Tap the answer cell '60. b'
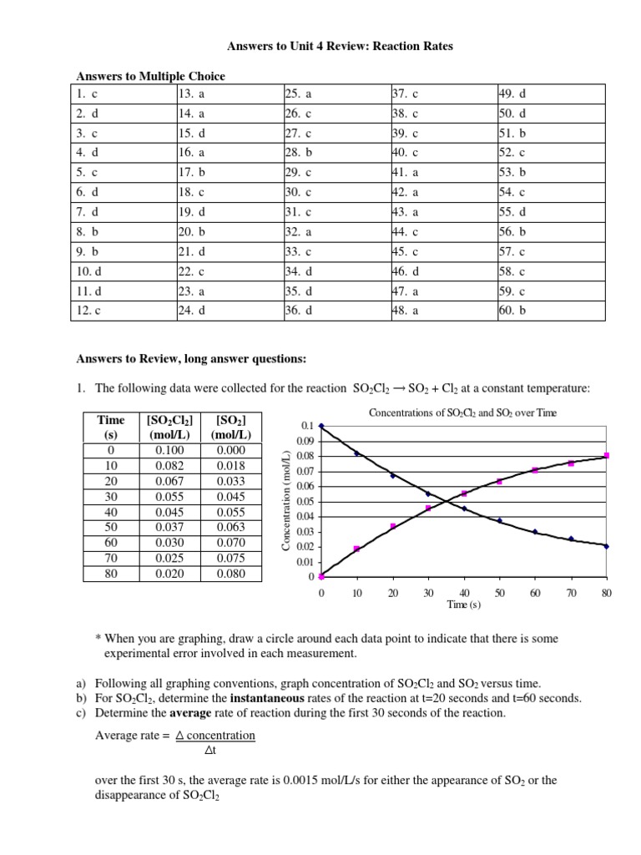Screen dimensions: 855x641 tap(512, 311)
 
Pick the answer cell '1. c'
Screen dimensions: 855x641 tap(88, 93)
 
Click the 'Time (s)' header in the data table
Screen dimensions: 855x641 tap(111, 427)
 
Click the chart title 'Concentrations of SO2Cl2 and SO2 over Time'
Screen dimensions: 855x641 tap(462, 413)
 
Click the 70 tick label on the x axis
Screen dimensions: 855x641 tap(571, 593)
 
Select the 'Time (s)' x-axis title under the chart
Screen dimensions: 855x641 tap(464, 605)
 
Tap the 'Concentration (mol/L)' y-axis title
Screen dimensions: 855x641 tap(286, 499)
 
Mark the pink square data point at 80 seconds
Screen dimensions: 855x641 tap(607, 455)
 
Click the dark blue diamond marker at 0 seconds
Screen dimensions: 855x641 tap(321, 426)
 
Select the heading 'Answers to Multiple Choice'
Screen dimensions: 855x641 tap(151, 76)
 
